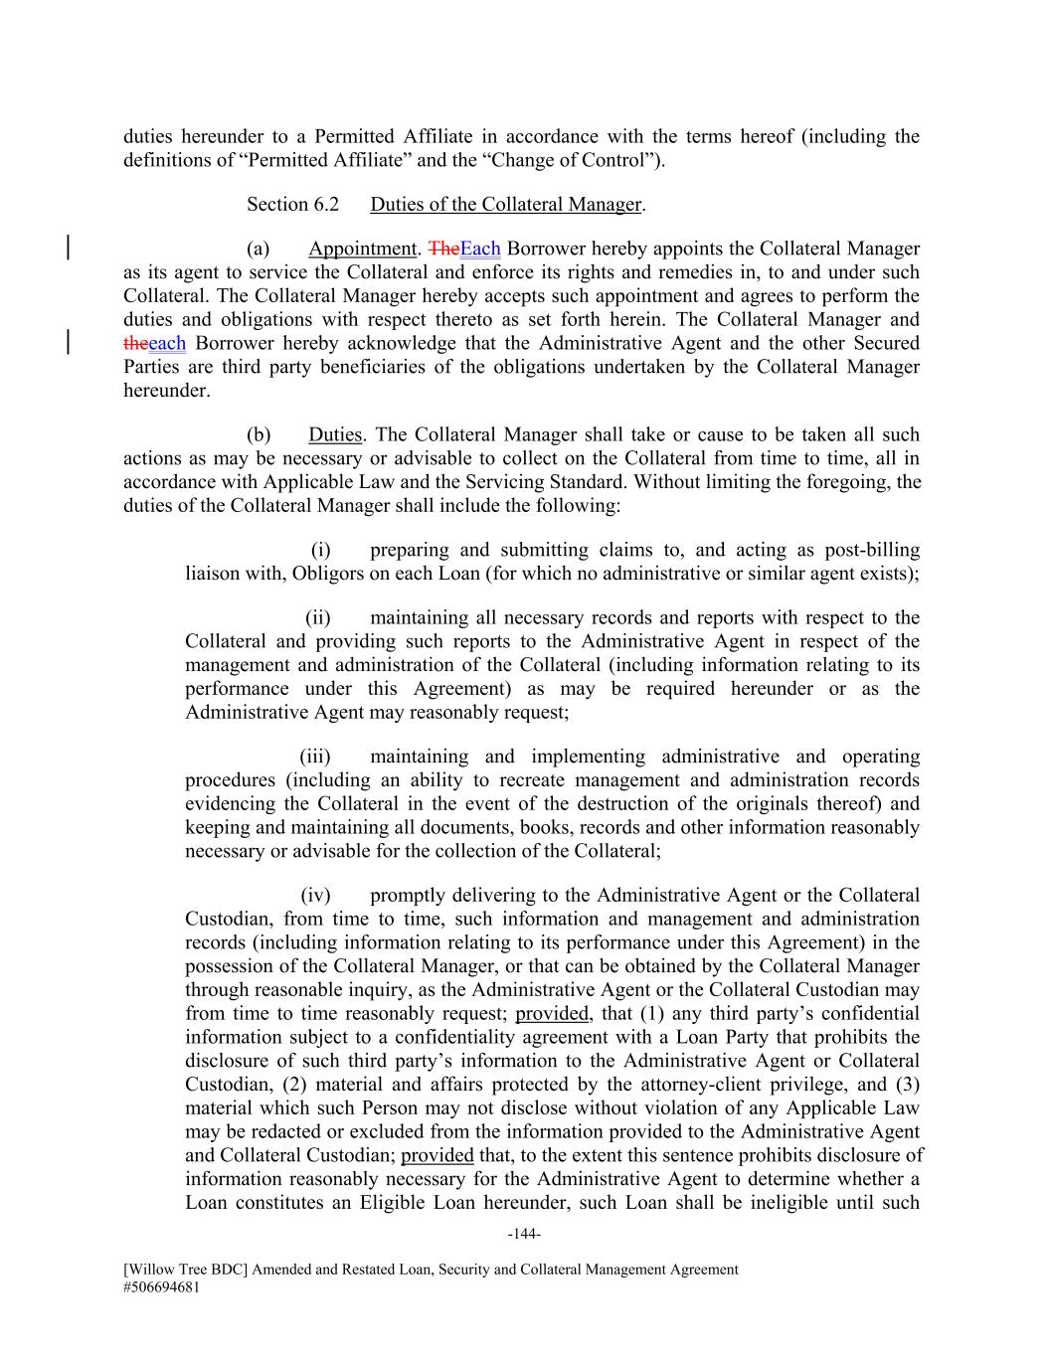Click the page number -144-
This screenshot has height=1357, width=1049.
pos(523,1235)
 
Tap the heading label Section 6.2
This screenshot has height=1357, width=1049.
pos(292,205)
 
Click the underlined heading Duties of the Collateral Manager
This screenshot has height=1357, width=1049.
pos(506,205)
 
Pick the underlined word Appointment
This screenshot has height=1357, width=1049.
pos(362,249)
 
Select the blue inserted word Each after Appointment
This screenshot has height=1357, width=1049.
pos(480,249)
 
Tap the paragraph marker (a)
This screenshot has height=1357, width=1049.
pos(260,249)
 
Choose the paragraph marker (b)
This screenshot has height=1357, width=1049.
pos(260,435)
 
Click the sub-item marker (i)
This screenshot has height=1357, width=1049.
pos(320,551)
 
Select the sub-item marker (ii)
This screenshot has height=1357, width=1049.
pos(317,618)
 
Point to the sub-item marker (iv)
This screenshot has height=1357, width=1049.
pos(315,896)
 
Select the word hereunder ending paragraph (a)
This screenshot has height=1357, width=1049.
pos(167,391)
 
